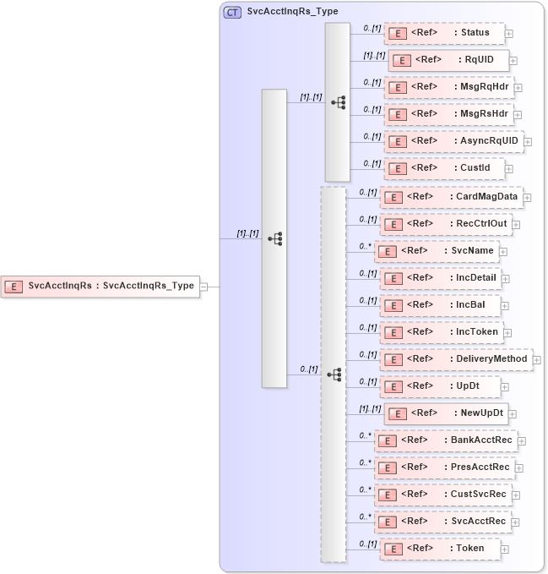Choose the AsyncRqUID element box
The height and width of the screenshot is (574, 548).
point(453,140)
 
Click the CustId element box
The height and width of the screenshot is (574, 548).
point(443,168)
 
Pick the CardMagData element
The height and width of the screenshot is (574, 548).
point(451,197)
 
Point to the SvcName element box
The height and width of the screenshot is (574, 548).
point(436,251)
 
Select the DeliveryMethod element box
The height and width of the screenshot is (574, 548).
point(456,359)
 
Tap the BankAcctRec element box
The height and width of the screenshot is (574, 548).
point(445,440)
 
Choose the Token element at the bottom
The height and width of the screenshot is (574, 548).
point(439,549)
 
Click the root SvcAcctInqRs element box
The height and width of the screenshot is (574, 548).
point(100,286)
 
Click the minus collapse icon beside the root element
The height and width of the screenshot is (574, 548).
point(203,287)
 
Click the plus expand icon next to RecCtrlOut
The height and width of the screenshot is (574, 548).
point(517,225)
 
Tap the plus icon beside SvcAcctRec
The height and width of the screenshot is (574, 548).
point(517,522)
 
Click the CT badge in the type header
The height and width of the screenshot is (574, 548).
point(232,12)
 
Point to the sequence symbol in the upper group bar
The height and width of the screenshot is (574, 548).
point(338,102)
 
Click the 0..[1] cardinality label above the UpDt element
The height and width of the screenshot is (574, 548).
point(367,381)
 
